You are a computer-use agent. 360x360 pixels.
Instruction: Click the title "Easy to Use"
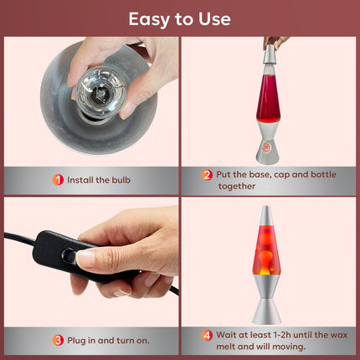pyautogui.click(x=180, y=19)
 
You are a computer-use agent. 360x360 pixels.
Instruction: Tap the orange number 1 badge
pyautogui.click(x=58, y=180)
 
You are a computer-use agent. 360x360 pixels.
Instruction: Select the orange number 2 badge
pyautogui.click(x=207, y=175)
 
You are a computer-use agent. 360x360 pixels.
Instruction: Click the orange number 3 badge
pyautogui.click(x=58, y=341)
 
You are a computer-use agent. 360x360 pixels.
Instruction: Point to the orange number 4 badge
pyautogui.click(x=207, y=335)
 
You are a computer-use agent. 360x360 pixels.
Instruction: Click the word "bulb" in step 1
pyautogui.click(x=121, y=180)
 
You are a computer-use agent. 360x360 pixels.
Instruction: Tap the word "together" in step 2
pyautogui.click(x=237, y=186)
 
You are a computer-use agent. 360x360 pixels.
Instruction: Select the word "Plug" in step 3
pyautogui.click(x=76, y=341)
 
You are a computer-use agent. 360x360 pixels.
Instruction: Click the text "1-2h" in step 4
pyautogui.click(x=278, y=335)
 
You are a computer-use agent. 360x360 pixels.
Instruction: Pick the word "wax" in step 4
pyautogui.click(x=339, y=335)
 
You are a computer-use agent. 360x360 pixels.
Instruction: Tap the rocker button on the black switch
pyautogui.click(x=69, y=255)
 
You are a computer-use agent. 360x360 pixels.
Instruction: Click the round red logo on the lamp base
pyautogui.click(x=267, y=147)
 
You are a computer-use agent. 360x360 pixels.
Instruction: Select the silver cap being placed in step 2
pyautogui.click(x=270, y=54)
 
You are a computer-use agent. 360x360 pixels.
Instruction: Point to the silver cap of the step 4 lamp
pyautogui.click(x=266, y=215)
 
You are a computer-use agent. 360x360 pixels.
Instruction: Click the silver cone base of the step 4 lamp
pyautogui.click(x=266, y=311)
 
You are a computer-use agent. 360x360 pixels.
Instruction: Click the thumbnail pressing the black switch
pyautogui.click(x=86, y=258)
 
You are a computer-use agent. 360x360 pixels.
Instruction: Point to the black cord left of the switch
pyautogui.click(x=20, y=237)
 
